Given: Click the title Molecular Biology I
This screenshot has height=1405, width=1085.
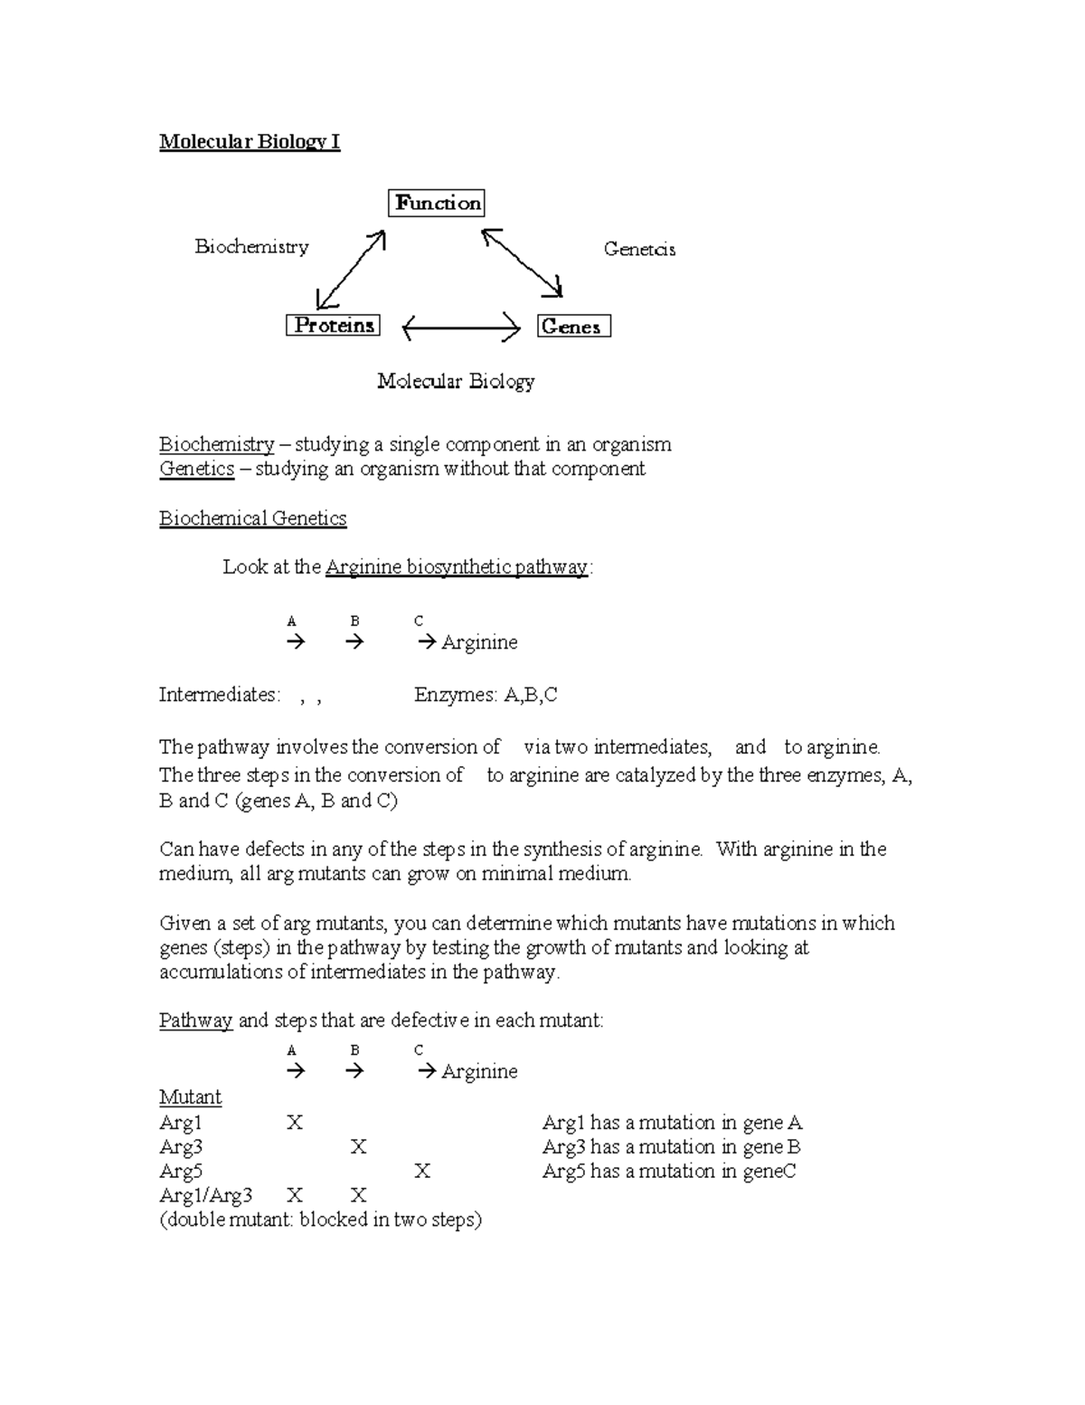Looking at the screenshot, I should pyautogui.click(x=250, y=142).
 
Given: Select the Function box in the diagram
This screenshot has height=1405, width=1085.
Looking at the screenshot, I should pyautogui.click(x=437, y=203).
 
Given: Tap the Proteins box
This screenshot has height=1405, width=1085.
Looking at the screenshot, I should pyautogui.click(x=333, y=326).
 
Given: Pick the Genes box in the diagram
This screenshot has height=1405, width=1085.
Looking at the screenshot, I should pyautogui.click(x=574, y=327).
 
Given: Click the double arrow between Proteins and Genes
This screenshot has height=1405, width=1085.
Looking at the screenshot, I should pyautogui.click(x=461, y=328).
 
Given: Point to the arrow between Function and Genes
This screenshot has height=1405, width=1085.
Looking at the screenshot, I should pyautogui.click(x=523, y=263).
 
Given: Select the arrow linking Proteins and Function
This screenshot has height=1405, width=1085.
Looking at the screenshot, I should pyautogui.click(x=352, y=270).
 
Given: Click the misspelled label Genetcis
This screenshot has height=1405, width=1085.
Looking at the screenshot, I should pyautogui.click(x=639, y=250).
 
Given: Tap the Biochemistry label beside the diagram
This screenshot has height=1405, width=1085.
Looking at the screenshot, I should pyautogui.click(x=251, y=247).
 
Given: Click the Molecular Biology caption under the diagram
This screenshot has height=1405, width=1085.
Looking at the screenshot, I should pyautogui.click(x=456, y=382).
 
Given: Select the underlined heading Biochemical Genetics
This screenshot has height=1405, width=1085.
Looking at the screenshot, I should pyautogui.click(x=253, y=518).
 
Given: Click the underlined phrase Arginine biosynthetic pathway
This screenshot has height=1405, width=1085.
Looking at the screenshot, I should pyautogui.click(x=457, y=567).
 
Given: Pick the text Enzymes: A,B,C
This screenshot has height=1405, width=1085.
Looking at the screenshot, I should pyautogui.click(x=486, y=695).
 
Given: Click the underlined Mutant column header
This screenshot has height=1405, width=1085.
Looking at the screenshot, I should pyautogui.click(x=190, y=1097).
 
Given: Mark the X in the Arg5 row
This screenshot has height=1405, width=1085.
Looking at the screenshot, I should pyautogui.click(x=422, y=1172).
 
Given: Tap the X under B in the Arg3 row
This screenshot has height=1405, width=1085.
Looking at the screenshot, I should pyautogui.click(x=358, y=1147).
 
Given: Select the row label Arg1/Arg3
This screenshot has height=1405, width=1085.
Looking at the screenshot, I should pyautogui.click(x=205, y=1196).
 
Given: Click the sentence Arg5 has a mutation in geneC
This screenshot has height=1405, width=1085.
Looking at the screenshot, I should pyautogui.click(x=669, y=1172).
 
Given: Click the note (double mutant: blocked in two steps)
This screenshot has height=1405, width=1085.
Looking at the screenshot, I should pyautogui.click(x=320, y=1220).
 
